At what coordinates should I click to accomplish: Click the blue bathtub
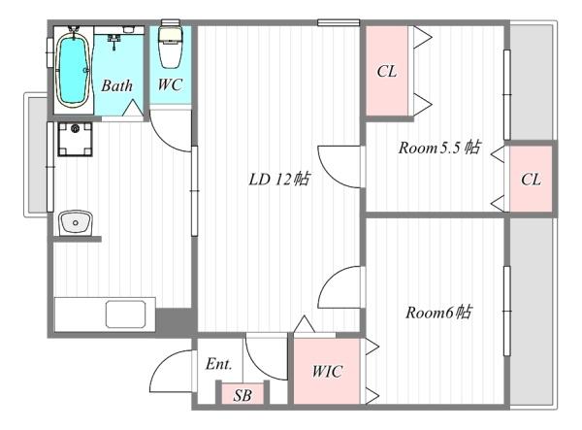click(x=73, y=70)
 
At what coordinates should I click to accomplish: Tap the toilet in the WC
click(x=170, y=45)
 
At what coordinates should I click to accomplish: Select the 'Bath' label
click(x=117, y=85)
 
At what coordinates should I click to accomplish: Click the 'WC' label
click(x=170, y=84)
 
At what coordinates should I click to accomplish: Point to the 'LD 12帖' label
click(x=279, y=180)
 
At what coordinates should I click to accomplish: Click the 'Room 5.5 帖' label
click(x=439, y=148)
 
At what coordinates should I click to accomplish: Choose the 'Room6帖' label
click(x=438, y=313)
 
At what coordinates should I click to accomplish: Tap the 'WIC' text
click(x=327, y=372)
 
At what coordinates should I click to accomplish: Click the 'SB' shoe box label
click(x=242, y=395)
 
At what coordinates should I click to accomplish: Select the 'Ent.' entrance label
click(x=219, y=364)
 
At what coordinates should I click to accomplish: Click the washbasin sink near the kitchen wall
click(x=76, y=223)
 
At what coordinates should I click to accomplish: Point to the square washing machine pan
click(x=75, y=139)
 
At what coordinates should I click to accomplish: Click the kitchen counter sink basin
click(x=125, y=314)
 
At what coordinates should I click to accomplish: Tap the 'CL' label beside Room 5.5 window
click(x=531, y=180)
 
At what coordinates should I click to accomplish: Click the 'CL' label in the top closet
click(x=387, y=71)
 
